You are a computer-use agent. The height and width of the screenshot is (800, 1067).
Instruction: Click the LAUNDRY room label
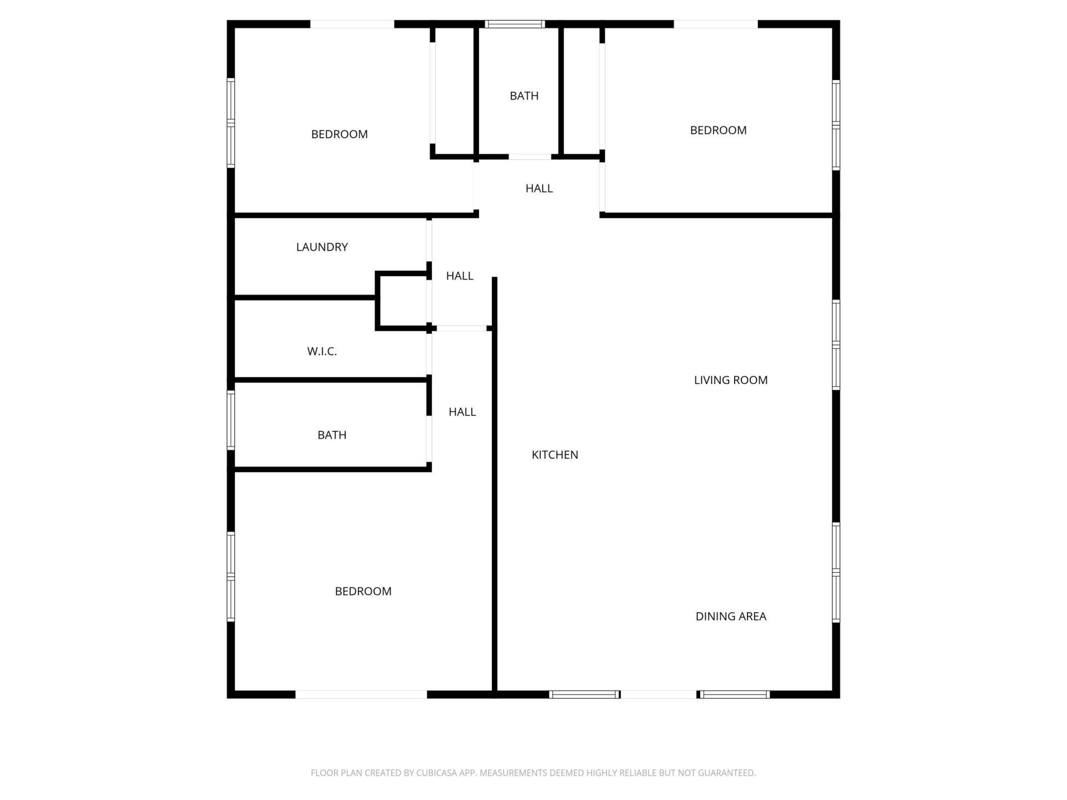pos(322,247)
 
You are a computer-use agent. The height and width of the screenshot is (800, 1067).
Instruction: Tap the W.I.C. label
pos(322,352)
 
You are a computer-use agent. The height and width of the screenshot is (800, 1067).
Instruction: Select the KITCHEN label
pos(555,455)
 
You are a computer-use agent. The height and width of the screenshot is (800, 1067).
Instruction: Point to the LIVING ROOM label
pos(730,381)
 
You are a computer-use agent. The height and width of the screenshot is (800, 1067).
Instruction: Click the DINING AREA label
pos(730,617)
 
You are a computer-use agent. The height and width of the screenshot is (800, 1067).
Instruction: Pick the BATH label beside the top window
pos(524,96)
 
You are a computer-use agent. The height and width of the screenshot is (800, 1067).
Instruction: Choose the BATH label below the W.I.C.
pos(332,436)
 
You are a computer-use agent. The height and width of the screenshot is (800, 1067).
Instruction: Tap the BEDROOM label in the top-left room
pos(339,134)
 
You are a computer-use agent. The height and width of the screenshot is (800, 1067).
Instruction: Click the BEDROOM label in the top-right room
pos(718,131)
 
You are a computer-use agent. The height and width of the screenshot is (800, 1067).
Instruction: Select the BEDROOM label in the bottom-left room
pos(363,592)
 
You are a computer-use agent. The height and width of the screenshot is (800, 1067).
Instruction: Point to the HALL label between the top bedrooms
pos(539,189)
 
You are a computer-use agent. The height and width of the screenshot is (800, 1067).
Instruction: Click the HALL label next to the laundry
pos(460,276)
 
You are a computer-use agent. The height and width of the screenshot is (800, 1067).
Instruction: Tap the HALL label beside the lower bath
pos(462,412)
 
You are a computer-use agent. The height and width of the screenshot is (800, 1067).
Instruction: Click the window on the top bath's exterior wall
pos(515,24)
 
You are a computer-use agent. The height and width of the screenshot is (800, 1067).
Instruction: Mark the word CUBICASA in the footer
pos(439,773)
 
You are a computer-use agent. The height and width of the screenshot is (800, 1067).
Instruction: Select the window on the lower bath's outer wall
pos(231,420)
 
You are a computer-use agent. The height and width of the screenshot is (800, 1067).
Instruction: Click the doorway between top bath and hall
pos(530,157)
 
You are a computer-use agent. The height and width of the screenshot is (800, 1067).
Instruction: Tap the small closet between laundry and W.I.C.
pos(403,301)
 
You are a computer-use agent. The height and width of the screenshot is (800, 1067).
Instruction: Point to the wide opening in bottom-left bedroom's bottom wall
pos(361,694)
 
